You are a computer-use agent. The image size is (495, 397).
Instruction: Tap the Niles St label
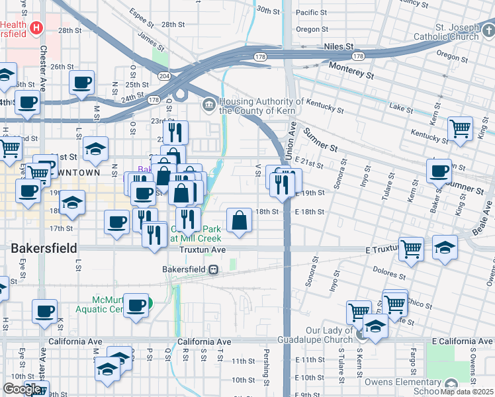(x=339, y=47)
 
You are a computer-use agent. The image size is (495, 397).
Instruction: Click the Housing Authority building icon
(x=209, y=104)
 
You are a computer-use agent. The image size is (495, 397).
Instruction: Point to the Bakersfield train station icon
(x=213, y=269)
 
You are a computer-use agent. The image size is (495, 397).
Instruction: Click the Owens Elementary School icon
(x=451, y=384)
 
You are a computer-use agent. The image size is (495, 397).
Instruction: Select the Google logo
(x=22, y=389)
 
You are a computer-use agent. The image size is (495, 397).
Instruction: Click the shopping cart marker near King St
(x=460, y=128)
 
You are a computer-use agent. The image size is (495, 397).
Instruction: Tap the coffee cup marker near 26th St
(x=82, y=83)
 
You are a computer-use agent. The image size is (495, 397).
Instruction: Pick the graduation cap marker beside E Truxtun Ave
(x=445, y=247)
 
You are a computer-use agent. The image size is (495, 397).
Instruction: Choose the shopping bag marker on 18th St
(x=240, y=221)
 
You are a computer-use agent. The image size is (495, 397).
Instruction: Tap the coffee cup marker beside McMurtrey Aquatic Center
(x=136, y=305)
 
